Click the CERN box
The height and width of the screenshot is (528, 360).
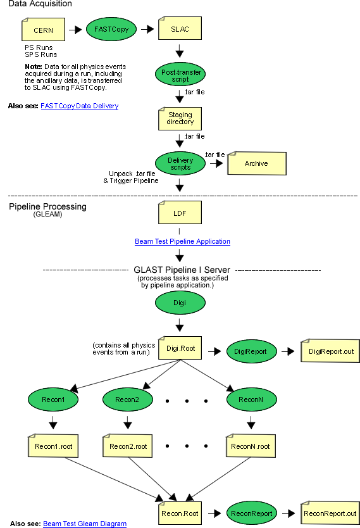click(x=43, y=30)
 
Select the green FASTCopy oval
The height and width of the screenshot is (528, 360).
click(x=111, y=29)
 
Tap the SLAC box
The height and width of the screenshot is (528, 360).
click(x=180, y=28)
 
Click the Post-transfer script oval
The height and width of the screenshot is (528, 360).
click(x=180, y=74)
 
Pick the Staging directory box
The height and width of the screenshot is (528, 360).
click(x=180, y=118)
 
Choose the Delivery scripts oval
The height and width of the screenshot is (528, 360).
click(x=180, y=163)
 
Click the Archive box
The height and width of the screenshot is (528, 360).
click(x=257, y=163)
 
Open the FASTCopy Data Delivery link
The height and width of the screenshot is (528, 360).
click(x=79, y=106)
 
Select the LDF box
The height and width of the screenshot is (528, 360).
click(x=180, y=213)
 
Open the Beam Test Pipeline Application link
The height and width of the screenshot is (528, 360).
click(x=182, y=241)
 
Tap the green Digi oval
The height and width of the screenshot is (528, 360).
click(x=180, y=303)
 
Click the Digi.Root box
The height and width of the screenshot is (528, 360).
click(x=180, y=348)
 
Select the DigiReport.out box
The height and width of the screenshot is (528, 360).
click(x=330, y=351)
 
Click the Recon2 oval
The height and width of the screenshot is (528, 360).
click(x=128, y=399)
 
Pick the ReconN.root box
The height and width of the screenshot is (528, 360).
click(x=251, y=446)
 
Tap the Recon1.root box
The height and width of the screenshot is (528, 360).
click(x=53, y=446)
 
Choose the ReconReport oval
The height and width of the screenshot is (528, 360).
click(x=252, y=513)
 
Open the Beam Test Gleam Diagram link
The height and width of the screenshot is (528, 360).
click(x=85, y=524)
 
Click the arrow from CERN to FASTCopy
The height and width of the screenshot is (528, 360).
click(x=75, y=30)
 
